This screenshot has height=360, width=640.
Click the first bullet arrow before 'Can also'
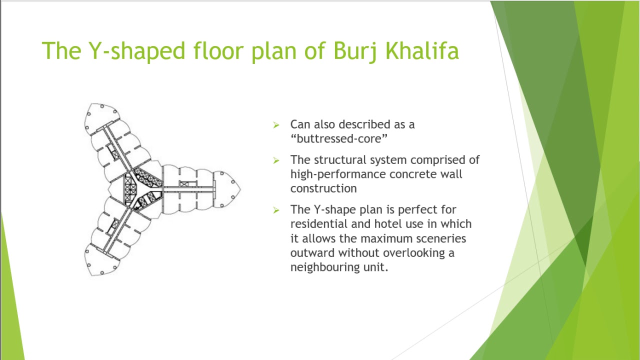[276, 125]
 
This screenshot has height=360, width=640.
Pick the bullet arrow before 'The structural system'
[276, 160]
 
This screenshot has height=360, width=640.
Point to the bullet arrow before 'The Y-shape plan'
[276, 210]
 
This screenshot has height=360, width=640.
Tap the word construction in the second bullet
[323, 188]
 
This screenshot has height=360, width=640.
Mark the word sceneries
[441, 238]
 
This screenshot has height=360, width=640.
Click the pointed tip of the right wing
[239, 189]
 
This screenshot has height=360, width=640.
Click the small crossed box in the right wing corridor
[184, 184]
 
